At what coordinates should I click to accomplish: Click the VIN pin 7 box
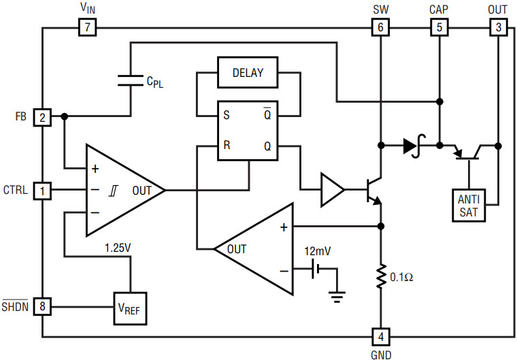click(87, 28)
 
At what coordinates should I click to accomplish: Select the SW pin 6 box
click(380, 28)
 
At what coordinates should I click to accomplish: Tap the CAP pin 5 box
click(439, 28)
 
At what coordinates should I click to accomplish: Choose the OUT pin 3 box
click(498, 28)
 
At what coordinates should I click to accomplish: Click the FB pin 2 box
click(42, 117)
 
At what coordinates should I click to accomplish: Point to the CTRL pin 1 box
click(42, 191)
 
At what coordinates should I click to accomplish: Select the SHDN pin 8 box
click(42, 307)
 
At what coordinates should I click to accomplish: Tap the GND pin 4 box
click(380, 336)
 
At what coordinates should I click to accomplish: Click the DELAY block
click(248, 72)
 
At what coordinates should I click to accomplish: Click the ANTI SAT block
click(468, 206)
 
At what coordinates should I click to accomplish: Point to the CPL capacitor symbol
click(131, 80)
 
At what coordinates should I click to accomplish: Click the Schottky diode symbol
click(412, 145)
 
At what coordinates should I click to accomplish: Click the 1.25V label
click(118, 248)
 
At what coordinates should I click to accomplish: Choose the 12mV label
click(318, 250)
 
